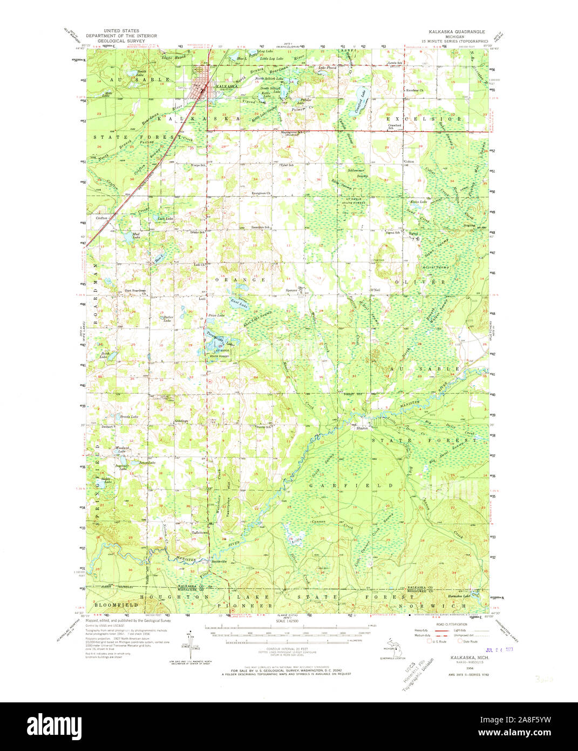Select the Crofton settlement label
click(102, 218)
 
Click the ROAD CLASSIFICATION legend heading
click(452, 624)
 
